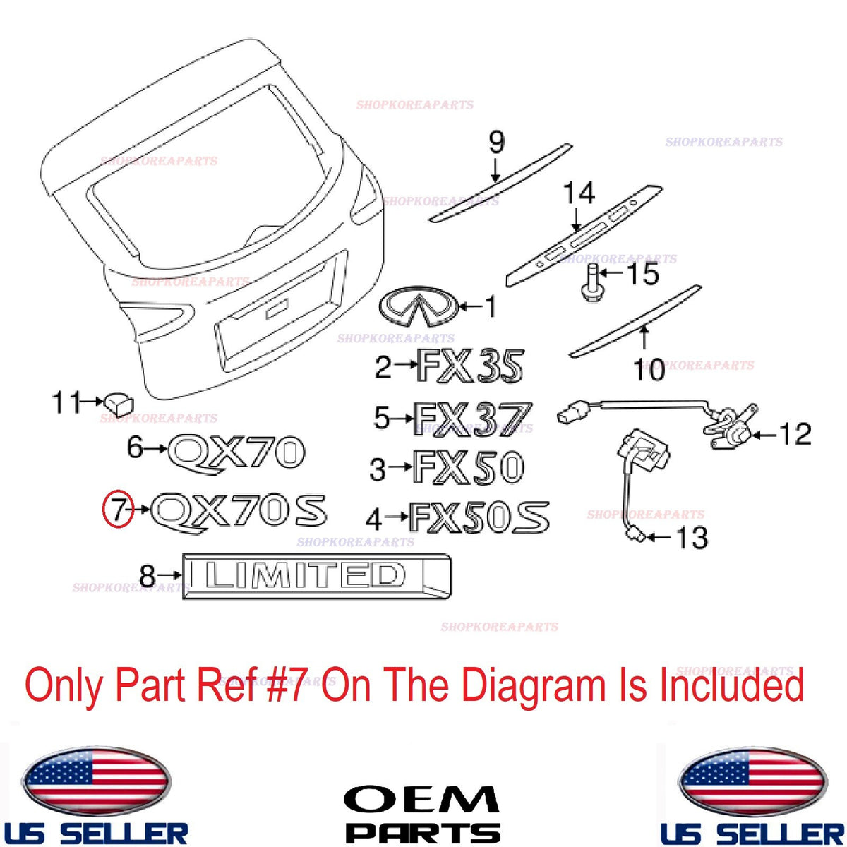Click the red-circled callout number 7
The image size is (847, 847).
click(x=118, y=510)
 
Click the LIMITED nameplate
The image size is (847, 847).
click(x=316, y=576)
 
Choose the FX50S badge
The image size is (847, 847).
click(x=479, y=518)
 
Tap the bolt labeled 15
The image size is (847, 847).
click(x=591, y=282)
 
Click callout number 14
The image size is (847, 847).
click(x=579, y=193)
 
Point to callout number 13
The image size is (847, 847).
click(x=693, y=537)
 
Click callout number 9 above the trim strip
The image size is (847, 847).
click(x=497, y=142)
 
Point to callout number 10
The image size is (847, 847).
click(x=649, y=370)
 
